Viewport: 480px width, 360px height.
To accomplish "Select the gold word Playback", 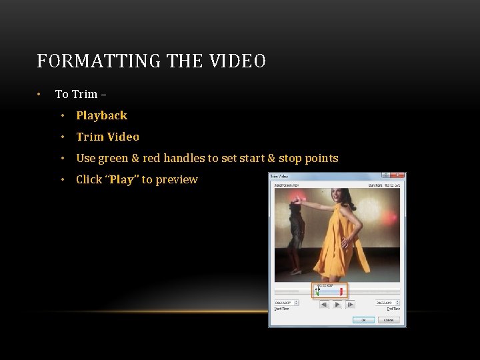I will [x=101, y=115].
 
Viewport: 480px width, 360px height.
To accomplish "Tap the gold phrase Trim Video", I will [x=107, y=137].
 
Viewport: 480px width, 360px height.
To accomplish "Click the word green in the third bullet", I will [x=113, y=158].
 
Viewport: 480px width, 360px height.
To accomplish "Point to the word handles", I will [x=184, y=158].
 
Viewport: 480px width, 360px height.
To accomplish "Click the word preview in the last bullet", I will [x=177, y=179].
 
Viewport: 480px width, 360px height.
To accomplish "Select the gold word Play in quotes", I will [x=121, y=179].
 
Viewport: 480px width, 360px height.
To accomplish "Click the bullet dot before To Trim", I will [x=40, y=94].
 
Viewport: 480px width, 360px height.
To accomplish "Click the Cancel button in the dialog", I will [x=388, y=320].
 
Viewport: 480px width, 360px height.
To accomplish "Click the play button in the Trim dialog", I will [x=337, y=304].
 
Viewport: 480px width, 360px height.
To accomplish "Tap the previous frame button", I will [x=323, y=304].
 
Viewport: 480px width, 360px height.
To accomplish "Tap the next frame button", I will [x=351, y=304].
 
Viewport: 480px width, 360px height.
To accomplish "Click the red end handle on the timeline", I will [x=341, y=292].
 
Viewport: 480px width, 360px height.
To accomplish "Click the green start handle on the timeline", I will [x=317, y=292].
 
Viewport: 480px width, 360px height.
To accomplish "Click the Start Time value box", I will [x=285, y=303].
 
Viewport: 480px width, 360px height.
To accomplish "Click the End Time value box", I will [x=385, y=303].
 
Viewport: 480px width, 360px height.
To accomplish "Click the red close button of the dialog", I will [x=397, y=177].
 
